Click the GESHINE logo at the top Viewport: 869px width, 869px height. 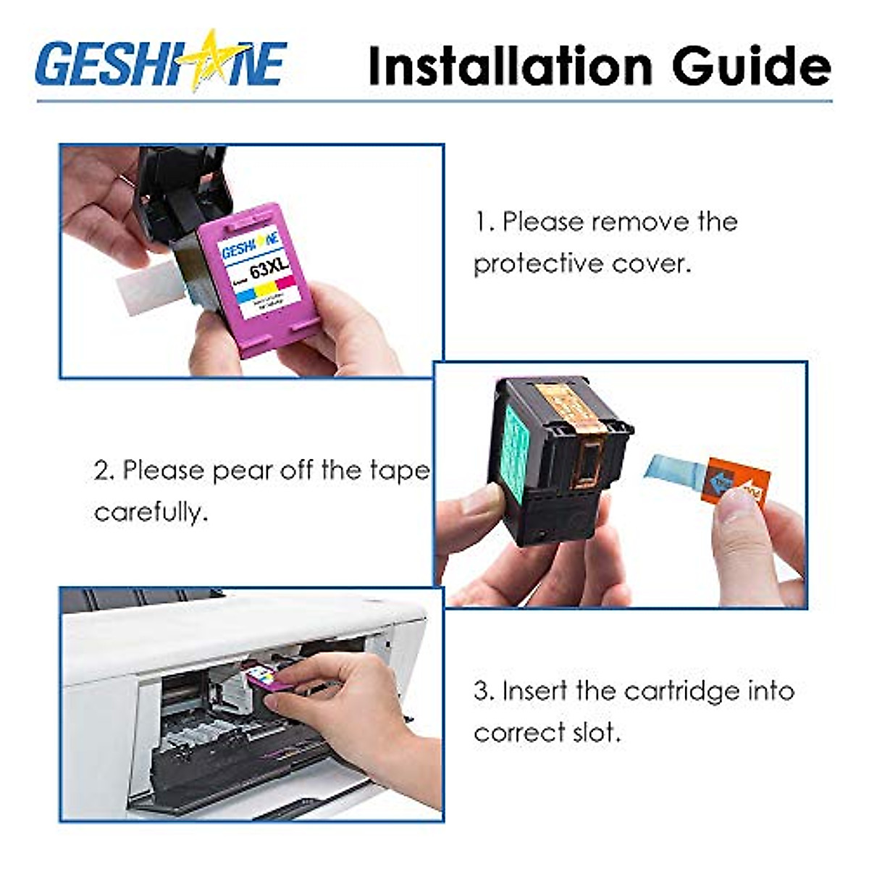161,62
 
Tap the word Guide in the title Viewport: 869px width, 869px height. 751,67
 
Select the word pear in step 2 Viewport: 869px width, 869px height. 245,471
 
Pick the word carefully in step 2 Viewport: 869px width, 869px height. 151,512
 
